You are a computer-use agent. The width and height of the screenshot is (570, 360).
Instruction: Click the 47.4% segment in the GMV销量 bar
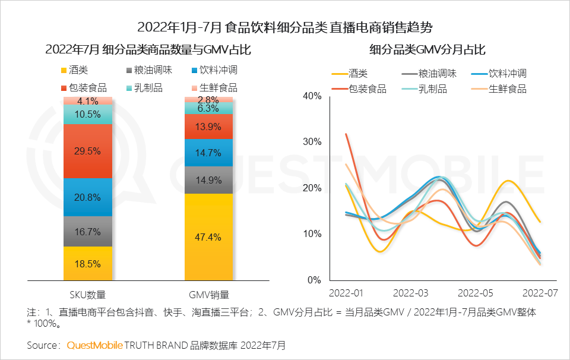pos(208,237)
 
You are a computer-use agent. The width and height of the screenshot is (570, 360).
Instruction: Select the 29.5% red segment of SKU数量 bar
pos(88,151)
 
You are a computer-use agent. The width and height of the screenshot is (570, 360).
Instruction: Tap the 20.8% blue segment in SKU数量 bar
pos(88,197)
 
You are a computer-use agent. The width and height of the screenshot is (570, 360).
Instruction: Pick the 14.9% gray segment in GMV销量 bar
pos(208,180)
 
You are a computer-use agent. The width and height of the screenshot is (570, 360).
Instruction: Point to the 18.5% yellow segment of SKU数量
pos(88,264)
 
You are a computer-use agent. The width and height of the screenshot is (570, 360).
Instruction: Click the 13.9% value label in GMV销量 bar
pos(208,127)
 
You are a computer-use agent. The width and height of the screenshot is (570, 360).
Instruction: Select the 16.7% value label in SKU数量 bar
pos(88,232)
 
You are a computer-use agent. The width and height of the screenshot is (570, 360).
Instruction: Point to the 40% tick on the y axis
pos(312,96)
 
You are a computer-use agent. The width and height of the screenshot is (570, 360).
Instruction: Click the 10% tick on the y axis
pos(312,233)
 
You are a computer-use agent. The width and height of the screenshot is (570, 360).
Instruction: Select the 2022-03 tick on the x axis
pos(411,293)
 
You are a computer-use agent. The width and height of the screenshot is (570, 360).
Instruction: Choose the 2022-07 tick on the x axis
pos(540,293)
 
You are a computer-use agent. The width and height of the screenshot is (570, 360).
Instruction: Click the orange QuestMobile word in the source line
pos(95,345)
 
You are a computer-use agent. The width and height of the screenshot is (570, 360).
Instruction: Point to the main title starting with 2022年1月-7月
pos(285,27)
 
